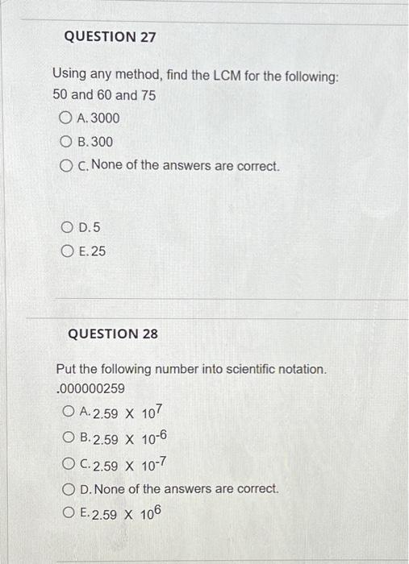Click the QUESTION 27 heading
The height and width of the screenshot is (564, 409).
(x=109, y=37)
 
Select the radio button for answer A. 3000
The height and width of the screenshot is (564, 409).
(x=67, y=118)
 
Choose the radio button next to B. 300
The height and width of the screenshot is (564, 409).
(x=67, y=142)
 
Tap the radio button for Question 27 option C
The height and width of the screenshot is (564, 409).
(x=67, y=167)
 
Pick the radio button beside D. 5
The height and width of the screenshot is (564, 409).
(x=67, y=228)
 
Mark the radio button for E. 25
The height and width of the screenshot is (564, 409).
(x=67, y=251)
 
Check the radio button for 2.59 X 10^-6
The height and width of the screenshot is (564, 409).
(x=69, y=440)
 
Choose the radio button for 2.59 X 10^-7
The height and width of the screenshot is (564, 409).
(x=69, y=465)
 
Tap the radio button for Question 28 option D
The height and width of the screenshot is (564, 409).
(x=69, y=489)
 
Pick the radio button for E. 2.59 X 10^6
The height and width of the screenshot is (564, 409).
(x=69, y=513)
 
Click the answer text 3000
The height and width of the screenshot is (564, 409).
(x=105, y=118)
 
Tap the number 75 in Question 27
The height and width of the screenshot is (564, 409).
(x=126, y=95)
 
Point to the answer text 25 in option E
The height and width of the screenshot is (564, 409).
(x=98, y=251)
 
